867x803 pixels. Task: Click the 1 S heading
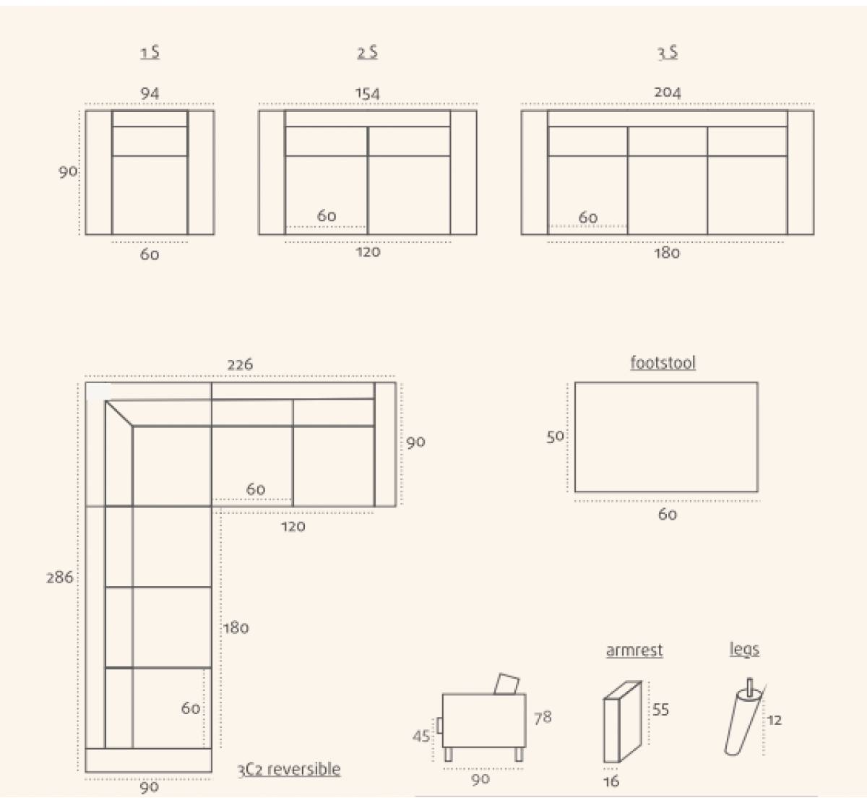click(x=150, y=53)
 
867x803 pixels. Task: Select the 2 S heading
click(x=368, y=53)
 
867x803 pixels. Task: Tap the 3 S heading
click(x=668, y=53)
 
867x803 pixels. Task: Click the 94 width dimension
click(x=150, y=93)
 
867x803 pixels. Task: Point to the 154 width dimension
click(x=368, y=93)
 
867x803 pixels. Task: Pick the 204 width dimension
click(x=668, y=93)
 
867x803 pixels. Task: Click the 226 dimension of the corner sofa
click(x=240, y=364)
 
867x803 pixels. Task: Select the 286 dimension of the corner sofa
click(x=60, y=577)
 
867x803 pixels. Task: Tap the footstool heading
click(x=663, y=363)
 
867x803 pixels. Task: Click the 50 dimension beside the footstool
click(x=556, y=437)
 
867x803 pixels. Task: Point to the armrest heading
click(x=634, y=650)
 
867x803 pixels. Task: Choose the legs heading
click(x=744, y=650)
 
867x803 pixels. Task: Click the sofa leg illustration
click(x=743, y=716)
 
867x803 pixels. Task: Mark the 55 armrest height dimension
click(x=661, y=710)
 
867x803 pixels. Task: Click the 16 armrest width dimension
click(x=611, y=781)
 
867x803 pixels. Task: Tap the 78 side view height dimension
click(x=543, y=718)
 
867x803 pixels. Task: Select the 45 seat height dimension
click(x=421, y=737)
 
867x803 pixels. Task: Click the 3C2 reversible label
click(x=289, y=769)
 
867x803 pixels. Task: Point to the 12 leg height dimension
click(x=774, y=720)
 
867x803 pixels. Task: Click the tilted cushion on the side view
click(x=507, y=684)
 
